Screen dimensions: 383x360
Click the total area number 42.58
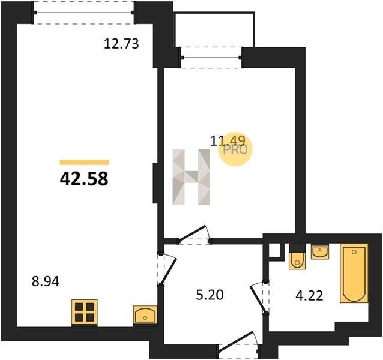(84, 179)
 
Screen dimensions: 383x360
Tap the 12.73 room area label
(121, 44)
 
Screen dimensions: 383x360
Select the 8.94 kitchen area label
(46, 281)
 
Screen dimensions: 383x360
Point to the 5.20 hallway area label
(210, 295)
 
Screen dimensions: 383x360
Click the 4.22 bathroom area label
(309, 296)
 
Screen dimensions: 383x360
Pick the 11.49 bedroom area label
(228, 141)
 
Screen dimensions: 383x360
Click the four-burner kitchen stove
(85, 312)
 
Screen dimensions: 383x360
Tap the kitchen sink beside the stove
(145, 315)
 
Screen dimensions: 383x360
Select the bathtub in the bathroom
(354, 274)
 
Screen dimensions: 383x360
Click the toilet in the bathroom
(297, 260)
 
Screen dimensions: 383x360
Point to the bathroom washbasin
(320, 252)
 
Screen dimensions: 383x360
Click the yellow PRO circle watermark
(235, 149)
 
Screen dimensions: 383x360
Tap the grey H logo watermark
(191, 177)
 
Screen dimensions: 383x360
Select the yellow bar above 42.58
(85, 163)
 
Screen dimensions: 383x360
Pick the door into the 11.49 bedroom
(194, 235)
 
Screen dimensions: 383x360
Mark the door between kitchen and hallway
(167, 269)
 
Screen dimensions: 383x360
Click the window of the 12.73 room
(84, 13)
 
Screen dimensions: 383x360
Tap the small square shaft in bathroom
(275, 250)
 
